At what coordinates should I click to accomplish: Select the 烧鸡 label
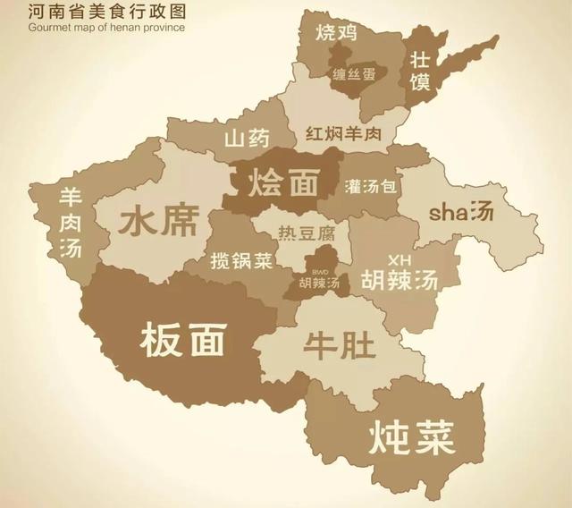tap(336, 34)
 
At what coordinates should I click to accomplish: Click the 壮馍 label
tap(420, 71)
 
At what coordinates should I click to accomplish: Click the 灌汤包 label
tap(373, 187)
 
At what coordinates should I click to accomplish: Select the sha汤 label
tap(461, 212)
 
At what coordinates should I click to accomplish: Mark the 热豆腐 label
tap(307, 234)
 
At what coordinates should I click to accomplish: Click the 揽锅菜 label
tap(240, 262)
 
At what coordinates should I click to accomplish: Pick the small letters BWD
tap(320, 271)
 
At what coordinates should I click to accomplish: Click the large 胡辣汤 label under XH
tap(399, 280)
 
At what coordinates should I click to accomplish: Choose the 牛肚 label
tap(340, 345)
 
